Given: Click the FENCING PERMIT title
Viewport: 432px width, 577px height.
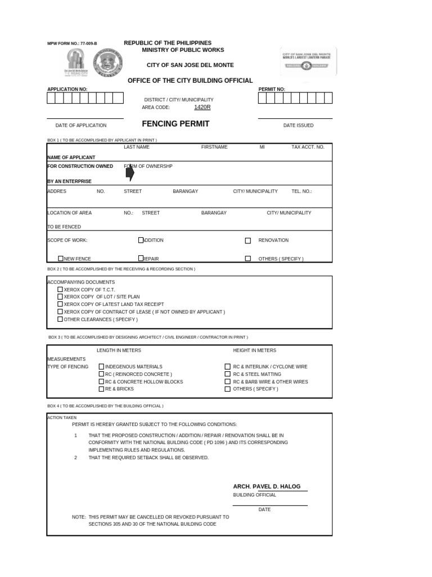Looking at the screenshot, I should [175, 124].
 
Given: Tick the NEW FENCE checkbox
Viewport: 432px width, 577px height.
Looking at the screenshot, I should [61, 259].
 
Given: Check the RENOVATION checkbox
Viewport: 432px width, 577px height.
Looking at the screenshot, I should [248, 241].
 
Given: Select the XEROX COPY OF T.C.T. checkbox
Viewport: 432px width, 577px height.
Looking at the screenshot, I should [60, 290].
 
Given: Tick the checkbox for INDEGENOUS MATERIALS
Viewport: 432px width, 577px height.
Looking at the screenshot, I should [101, 367].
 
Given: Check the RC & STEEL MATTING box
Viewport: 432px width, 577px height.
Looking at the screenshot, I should [228, 374].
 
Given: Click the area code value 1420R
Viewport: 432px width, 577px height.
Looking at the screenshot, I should [202, 107].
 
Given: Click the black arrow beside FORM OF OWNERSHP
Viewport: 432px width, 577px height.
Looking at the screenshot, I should [130, 173].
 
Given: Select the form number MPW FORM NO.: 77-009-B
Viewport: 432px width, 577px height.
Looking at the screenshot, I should [72, 43].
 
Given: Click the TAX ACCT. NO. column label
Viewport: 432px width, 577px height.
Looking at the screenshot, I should [308, 147].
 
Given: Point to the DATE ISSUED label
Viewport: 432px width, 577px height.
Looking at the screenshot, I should [298, 126].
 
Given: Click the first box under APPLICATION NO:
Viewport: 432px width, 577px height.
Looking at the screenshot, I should [51, 98].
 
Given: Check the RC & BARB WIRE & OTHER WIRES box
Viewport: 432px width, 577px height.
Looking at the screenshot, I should [228, 381].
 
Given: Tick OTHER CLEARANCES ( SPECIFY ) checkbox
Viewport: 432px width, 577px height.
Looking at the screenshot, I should [60, 319].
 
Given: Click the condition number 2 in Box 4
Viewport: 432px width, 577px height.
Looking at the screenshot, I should [75, 458].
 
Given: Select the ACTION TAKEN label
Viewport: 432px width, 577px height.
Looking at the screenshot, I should [61, 418].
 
